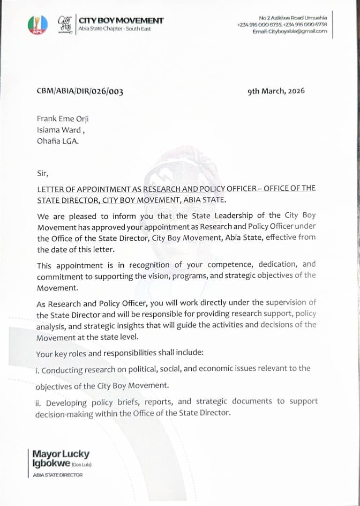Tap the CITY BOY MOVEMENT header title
pyautogui.click(x=121, y=21)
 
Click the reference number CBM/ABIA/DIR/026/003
pyautogui.click(x=80, y=91)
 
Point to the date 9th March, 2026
pyautogui.click(x=276, y=91)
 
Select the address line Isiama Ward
pyautogui.click(x=61, y=130)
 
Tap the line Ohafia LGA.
pyautogui.click(x=58, y=141)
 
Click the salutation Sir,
pyautogui.click(x=43, y=173)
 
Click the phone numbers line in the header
pyautogui.click(x=282, y=24)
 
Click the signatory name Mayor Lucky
pyautogui.click(x=60, y=454)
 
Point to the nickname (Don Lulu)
pyautogui.click(x=82, y=465)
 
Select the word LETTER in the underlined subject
pyautogui.click(x=50, y=189)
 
